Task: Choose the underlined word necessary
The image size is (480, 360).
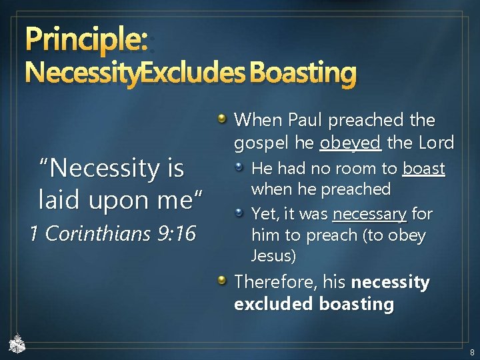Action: [369, 214]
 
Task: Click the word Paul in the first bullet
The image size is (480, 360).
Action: [309, 121]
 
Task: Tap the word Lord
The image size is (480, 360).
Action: [434, 143]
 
